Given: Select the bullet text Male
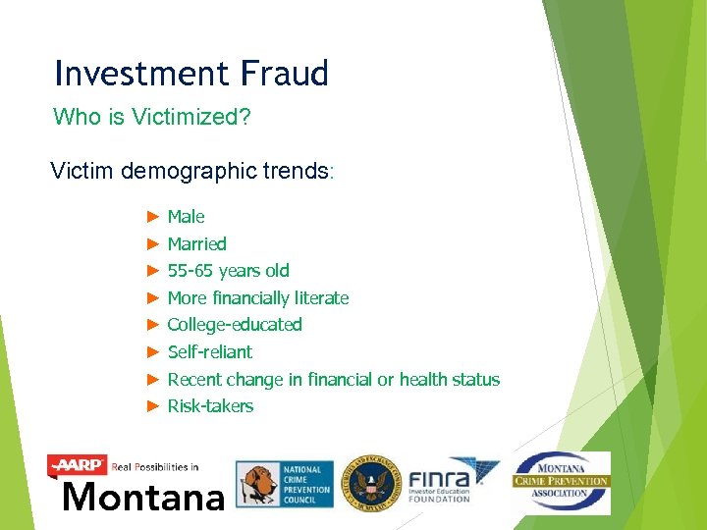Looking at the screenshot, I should [x=186, y=217].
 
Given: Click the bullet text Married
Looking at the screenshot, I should [x=196, y=244].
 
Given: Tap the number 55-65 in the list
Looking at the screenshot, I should [x=190, y=271].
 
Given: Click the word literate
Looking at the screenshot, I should [x=315, y=298].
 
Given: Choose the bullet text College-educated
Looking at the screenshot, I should [x=235, y=325].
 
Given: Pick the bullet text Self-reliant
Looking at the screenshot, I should [x=209, y=352].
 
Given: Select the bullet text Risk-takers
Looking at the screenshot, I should [x=210, y=406].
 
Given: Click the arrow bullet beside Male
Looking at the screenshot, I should [x=152, y=217].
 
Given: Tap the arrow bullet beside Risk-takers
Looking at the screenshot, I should [x=152, y=406].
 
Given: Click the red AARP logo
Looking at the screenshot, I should [x=80, y=465].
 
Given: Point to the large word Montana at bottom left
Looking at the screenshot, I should [x=143, y=497].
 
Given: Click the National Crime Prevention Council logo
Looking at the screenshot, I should [x=284, y=484].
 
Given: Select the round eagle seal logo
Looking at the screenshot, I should [x=371, y=484].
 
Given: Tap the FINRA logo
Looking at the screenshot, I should [x=454, y=481].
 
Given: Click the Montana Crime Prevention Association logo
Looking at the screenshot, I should [x=561, y=482].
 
